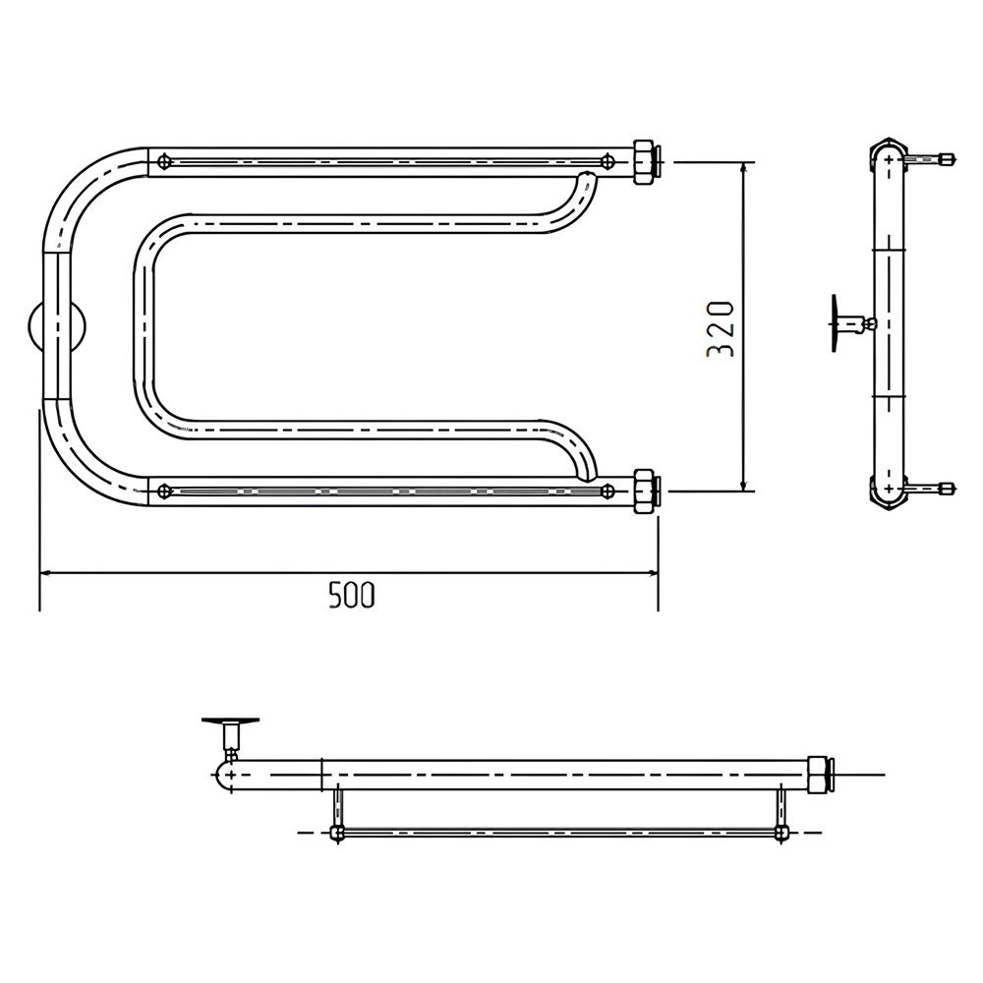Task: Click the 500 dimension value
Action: click(352, 595)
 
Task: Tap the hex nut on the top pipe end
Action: click(644, 162)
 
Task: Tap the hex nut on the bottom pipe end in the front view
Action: click(644, 491)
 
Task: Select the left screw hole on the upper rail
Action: click(164, 161)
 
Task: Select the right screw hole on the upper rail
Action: click(607, 161)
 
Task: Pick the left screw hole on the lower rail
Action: click(164, 491)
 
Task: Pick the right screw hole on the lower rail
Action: click(607, 491)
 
